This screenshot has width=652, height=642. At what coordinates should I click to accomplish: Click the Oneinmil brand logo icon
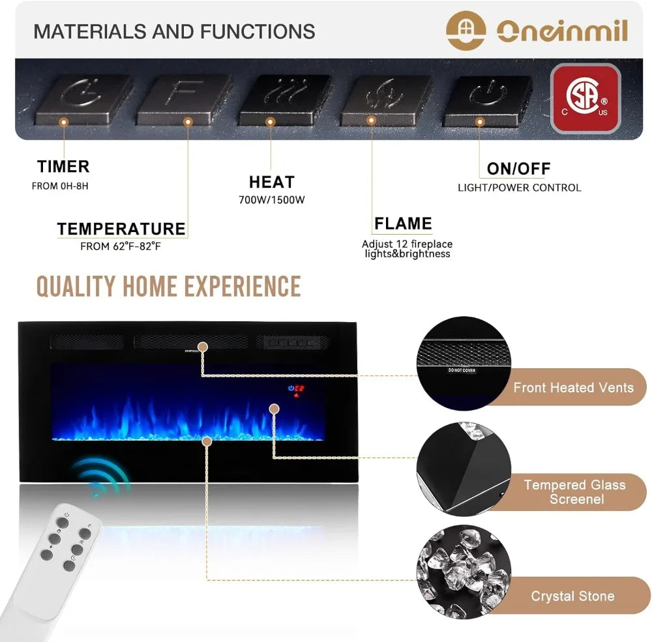point(466,29)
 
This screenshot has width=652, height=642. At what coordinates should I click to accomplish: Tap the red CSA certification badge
point(585,98)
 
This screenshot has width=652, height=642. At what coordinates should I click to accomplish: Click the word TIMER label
point(63,167)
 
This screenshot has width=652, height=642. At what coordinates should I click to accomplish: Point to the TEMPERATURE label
point(121,229)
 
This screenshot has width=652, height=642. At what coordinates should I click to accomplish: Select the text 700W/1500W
point(271,199)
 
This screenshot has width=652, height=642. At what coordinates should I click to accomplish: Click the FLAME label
point(403,224)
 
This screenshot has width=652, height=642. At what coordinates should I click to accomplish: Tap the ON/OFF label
point(518,169)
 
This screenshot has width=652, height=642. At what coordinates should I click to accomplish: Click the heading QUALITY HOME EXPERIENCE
point(168,287)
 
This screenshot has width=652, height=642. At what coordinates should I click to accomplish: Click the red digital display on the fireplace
point(297,390)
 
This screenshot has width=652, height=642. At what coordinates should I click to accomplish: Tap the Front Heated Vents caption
point(573,388)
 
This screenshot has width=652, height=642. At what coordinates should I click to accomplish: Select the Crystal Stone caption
point(572,596)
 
